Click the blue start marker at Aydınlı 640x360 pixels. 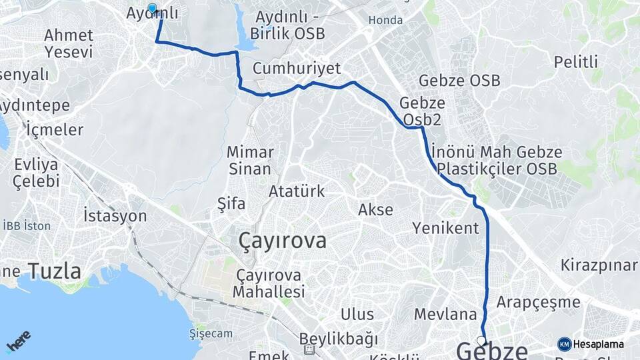click(152, 9)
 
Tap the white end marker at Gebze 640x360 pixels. click(481, 339)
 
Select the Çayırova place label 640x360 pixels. click(283, 241)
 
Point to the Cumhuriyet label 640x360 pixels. click(297, 69)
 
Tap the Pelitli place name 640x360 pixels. click(575, 63)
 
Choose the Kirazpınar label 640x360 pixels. click(599, 265)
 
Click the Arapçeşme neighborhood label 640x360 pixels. click(538, 302)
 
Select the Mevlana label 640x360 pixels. click(445, 314)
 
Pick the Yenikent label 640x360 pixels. click(445, 229)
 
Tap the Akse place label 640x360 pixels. click(375, 209)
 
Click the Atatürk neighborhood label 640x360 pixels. click(297, 192)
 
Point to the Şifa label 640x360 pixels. click(231, 203)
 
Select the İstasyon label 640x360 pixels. click(115, 215)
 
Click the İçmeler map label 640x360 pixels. click(55, 129)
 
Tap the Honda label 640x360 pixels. click(385, 21)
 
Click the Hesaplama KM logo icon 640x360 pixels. click(565, 344)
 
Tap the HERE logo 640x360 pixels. click(18, 341)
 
